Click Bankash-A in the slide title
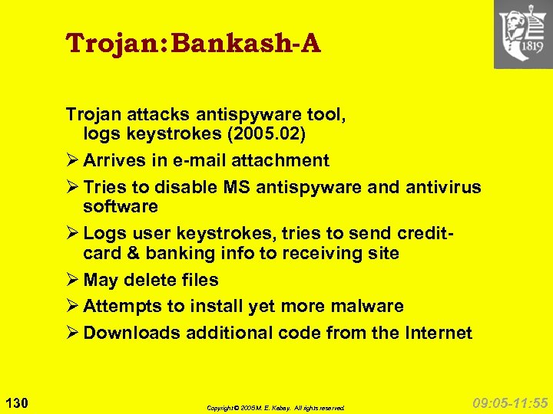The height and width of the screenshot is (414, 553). [246, 44]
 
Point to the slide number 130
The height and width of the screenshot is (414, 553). [16, 402]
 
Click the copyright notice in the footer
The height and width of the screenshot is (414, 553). [276, 408]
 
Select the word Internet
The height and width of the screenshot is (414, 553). [435, 333]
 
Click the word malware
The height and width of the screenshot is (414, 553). [366, 307]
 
